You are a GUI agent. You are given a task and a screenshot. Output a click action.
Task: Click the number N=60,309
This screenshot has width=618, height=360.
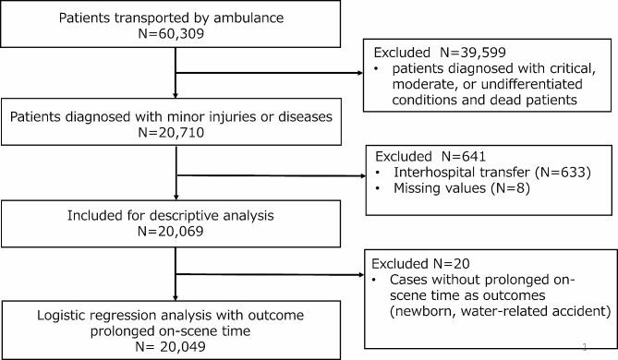tap(173, 37)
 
